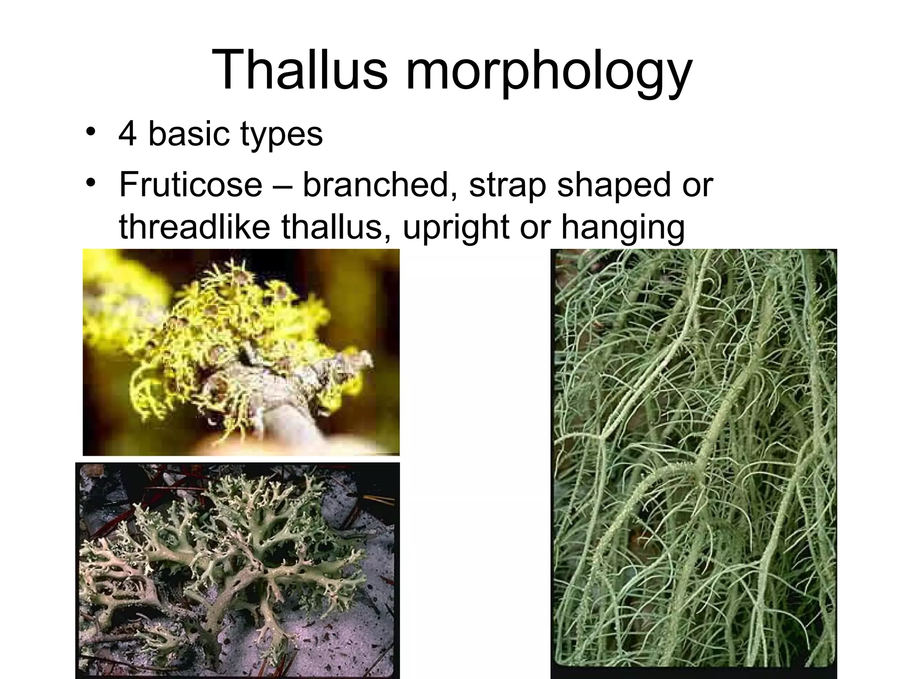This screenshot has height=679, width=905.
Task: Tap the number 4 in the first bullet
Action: coord(127,134)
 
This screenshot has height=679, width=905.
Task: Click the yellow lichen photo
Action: coord(241,352)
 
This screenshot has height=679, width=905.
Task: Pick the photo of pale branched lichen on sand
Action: coord(238,570)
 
